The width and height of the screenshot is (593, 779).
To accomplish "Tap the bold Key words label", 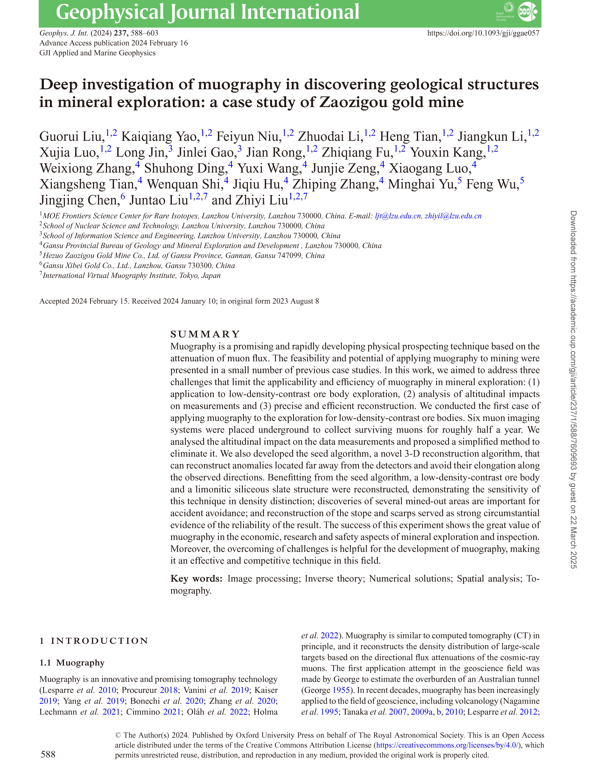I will [196, 579].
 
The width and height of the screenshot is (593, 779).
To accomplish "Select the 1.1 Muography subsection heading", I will [72, 663].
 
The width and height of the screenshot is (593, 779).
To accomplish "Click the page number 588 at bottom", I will [48, 754].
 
